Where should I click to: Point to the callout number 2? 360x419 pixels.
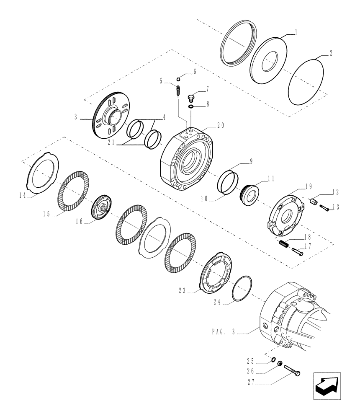tap(331, 53)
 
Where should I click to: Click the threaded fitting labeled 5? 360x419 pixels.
tap(179, 91)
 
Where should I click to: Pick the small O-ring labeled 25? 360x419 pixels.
tap(273, 359)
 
